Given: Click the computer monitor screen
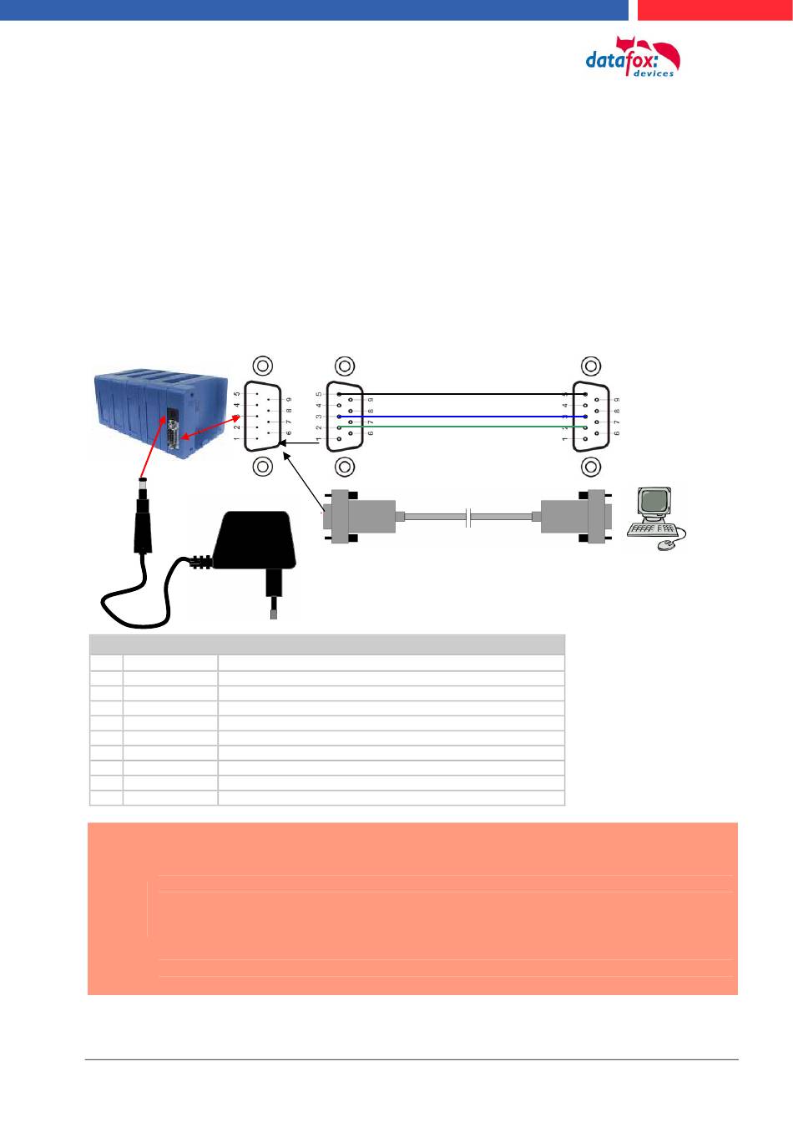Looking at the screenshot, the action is click(654, 502).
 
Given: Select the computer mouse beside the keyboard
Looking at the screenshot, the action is click(666, 545).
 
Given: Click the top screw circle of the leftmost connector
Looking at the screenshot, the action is click(261, 366).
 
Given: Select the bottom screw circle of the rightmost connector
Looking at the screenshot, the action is click(590, 467).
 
